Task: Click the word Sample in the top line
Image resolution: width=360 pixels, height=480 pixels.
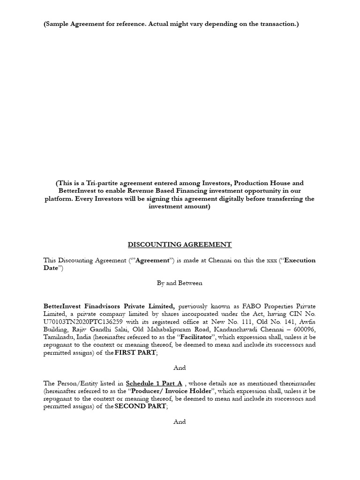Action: coord(59,24)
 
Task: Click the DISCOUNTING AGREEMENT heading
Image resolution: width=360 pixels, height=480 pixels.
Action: coord(180,244)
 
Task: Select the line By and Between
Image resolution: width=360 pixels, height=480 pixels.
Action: coord(180,283)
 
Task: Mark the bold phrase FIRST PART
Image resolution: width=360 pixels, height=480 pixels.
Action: coord(135,352)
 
